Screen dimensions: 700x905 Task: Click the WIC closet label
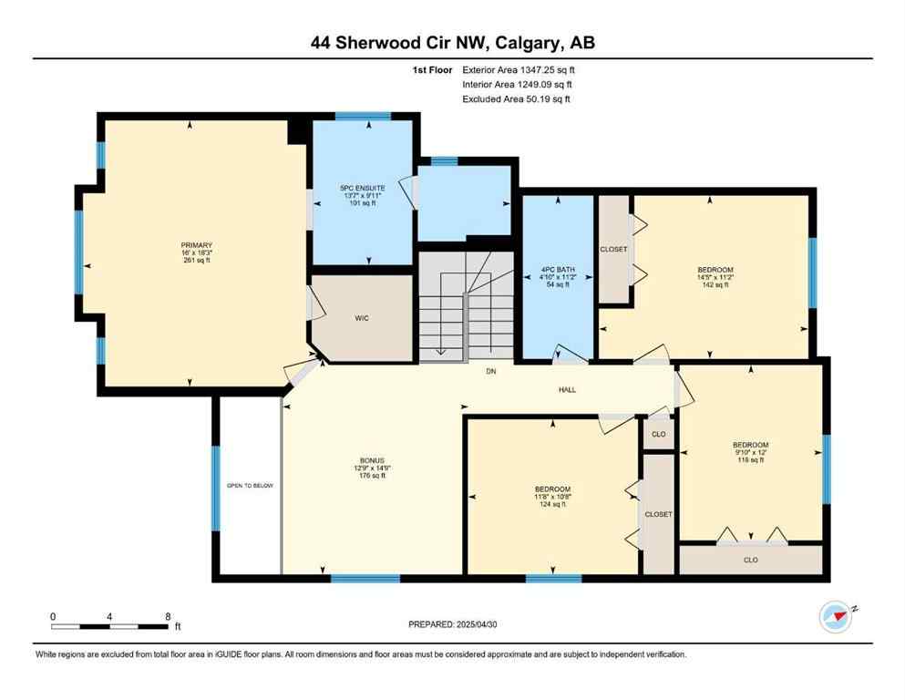click(x=361, y=318)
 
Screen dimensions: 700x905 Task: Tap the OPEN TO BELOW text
click(x=250, y=486)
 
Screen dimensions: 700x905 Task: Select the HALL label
click(x=567, y=390)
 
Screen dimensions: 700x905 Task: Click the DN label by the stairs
click(x=489, y=371)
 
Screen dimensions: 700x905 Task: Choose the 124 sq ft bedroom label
click(x=552, y=497)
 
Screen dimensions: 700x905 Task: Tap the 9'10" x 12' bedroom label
click(x=751, y=452)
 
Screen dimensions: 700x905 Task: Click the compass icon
click(x=835, y=617)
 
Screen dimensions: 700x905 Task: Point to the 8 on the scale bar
click(x=168, y=616)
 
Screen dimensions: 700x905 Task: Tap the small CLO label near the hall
click(x=659, y=435)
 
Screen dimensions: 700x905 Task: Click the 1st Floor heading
click(x=433, y=69)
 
